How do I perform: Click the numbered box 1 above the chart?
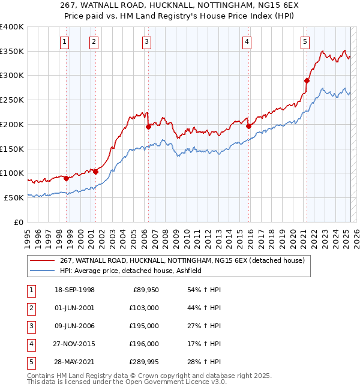(64, 41)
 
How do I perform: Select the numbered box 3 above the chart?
(147, 41)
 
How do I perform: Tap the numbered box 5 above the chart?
(305, 41)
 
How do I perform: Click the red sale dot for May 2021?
(307, 80)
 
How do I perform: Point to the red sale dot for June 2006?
(148, 127)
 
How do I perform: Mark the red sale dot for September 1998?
(66, 178)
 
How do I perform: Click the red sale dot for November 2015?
(248, 126)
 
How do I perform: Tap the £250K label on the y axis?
(11, 100)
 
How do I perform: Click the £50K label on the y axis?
(14, 197)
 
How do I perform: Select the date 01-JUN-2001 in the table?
(74, 307)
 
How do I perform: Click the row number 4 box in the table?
(31, 344)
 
